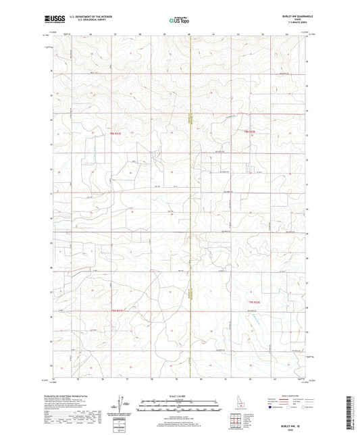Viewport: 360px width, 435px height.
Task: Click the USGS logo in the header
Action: [51, 20]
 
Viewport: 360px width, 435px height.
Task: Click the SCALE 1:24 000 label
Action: [180, 396]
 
